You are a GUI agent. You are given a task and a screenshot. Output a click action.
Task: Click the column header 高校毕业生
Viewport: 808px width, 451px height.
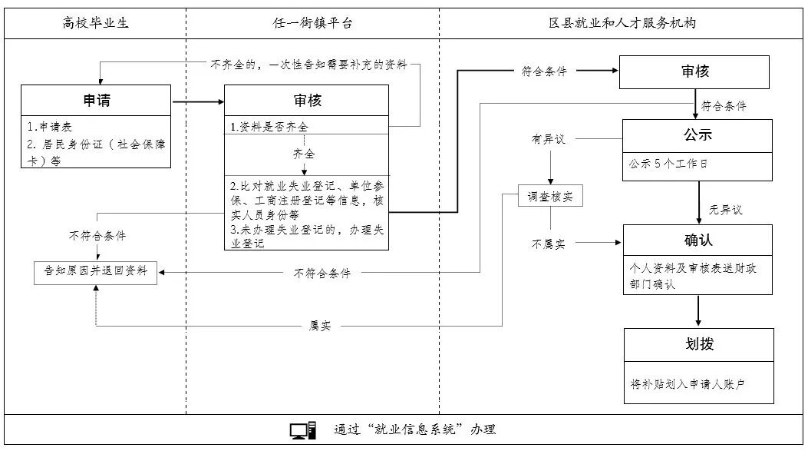95,23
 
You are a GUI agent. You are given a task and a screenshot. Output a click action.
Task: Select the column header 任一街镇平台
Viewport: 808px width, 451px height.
312,23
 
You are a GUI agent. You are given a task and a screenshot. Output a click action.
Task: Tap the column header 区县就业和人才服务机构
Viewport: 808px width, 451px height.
622,23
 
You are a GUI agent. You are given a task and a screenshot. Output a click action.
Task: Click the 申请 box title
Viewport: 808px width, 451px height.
96,100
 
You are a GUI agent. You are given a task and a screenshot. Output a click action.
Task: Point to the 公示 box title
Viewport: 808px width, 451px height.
698,134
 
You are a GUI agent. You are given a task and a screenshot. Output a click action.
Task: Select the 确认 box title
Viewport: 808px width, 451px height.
698,240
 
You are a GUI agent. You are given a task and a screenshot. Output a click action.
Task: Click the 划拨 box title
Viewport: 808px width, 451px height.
698,344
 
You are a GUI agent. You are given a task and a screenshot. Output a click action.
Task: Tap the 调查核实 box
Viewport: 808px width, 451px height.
550,197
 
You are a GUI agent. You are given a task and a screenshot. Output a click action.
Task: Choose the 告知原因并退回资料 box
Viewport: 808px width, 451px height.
96,272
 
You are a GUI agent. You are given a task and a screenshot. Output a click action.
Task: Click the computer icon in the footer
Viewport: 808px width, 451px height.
302,429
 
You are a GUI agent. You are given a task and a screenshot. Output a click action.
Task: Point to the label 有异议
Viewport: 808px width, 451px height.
548,139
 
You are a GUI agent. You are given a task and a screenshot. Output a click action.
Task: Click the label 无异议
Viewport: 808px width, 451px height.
725,209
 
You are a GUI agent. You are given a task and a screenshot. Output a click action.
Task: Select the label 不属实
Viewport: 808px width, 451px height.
549,244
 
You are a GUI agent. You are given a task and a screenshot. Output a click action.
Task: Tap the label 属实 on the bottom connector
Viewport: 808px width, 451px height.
320,326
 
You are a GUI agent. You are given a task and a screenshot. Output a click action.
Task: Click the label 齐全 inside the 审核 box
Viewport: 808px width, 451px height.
304,154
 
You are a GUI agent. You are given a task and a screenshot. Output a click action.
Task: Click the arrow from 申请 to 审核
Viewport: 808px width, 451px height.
197,101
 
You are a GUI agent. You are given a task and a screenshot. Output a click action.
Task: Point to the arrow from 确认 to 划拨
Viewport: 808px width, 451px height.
698,311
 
